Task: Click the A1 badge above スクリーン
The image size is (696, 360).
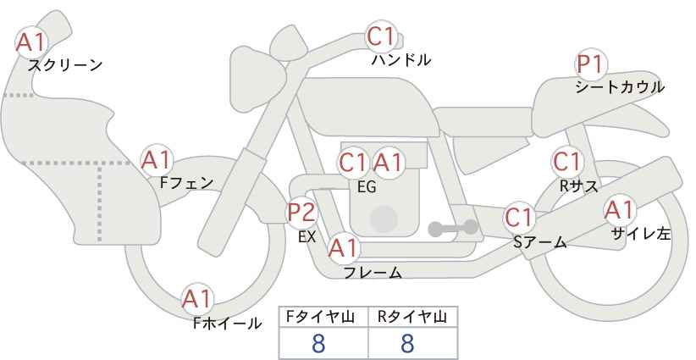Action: tap(30, 42)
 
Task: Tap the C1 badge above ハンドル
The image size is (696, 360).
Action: tap(381, 36)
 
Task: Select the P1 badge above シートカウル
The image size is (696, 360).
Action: tap(591, 64)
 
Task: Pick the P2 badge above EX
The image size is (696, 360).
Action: tap(302, 213)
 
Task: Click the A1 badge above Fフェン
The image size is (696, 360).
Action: tap(156, 160)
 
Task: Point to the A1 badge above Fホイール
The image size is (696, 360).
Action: tap(197, 299)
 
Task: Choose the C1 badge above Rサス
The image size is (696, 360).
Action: tap(566, 162)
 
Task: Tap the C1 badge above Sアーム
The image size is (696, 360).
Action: tap(519, 218)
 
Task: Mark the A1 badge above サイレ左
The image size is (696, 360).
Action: tap(620, 210)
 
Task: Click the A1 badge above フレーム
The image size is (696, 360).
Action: tap(343, 248)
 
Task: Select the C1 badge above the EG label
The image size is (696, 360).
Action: tap(353, 163)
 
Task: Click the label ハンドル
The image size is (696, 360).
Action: tap(401, 60)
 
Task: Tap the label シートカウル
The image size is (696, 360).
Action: tap(620, 87)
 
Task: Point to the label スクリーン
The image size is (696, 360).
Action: tap(65, 65)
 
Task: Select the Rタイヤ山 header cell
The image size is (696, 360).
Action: tap(413, 318)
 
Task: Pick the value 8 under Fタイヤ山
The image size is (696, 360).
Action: tap(318, 344)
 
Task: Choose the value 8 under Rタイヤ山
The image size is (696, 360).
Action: tap(407, 344)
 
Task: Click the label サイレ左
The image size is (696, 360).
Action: tap(641, 234)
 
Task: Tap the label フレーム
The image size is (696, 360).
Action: tap(373, 273)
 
